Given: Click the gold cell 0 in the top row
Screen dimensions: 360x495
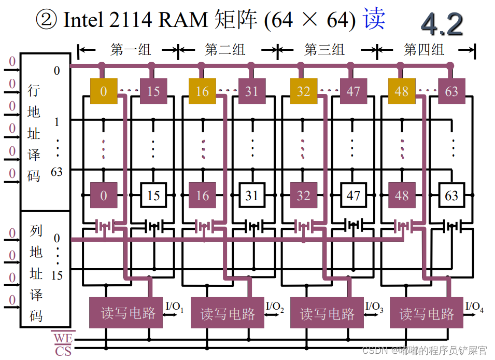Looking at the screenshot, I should [x=103, y=92].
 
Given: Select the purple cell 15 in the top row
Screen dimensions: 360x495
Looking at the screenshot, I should [x=153, y=92].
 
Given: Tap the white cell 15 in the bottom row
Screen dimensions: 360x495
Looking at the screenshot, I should [x=153, y=196].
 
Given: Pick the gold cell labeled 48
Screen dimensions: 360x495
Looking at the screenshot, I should [x=401, y=92].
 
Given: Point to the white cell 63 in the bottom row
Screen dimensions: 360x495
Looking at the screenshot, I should [x=451, y=196].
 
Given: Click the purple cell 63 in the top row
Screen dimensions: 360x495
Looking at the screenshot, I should [x=451, y=92].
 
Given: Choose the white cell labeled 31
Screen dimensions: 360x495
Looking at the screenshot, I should [x=251, y=196].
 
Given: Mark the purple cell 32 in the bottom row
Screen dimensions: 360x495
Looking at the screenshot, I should [x=303, y=196].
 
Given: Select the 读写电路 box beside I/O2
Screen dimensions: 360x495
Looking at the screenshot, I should [x=228, y=313].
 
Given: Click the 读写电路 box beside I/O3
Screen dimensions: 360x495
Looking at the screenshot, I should [x=327, y=313].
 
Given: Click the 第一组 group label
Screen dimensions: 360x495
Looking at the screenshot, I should [x=131, y=50].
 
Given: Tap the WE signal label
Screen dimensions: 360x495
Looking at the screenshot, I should [x=63, y=338].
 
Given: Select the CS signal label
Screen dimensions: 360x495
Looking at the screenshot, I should [x=63, y=351].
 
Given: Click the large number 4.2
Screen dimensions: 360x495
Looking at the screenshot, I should [x=441, y=24].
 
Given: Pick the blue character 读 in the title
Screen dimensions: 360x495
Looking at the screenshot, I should [x=374, y=19].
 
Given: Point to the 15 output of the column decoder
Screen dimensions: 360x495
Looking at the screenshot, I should [x=56, y=275].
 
